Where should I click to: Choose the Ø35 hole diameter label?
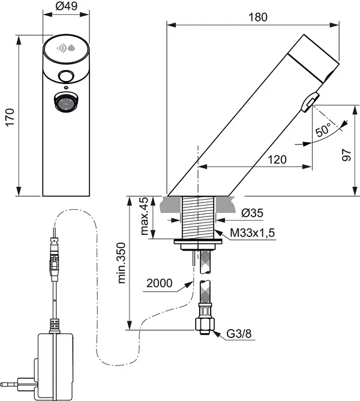point(252,213)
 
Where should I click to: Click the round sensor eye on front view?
point(66,76)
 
